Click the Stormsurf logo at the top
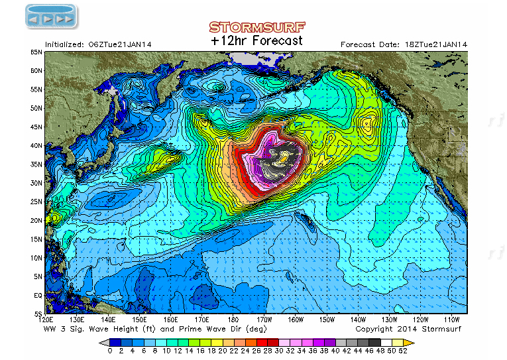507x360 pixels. pyautogui.click(x=256, y=27)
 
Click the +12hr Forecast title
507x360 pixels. pyautogui.click(x=256, y=40)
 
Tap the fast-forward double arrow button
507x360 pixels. pyautogui.click(x=65, y=19)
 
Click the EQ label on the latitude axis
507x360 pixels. pyautogui.click(x=38, y=296)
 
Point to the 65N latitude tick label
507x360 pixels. pyautogui.click(x=37, y=52)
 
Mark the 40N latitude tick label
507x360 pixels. pyautogui.click(x=37, y=145)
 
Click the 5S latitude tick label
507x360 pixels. pyautogui.click(x=38, y=314)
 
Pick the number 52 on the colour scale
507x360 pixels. pyautogui.click(x=402, y=351)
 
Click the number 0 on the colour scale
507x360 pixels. pyautogui.click(x=109, y=351)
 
